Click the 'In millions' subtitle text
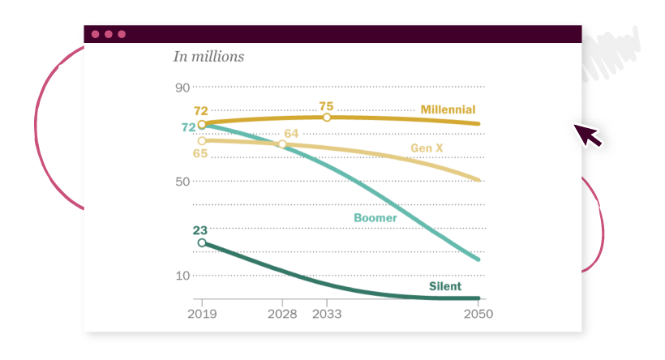coord(208,57)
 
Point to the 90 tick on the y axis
coord(182,88)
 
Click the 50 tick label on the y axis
coord(182,181)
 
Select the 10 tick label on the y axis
coord(182,276)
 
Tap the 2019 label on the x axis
coord(201,314)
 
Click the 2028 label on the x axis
coord(281,314)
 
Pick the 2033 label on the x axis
coord(326,314)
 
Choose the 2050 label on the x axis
coord(478,314)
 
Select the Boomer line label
coord(375,217)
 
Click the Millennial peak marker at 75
coord(327,118)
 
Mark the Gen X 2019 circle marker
coord(201,140)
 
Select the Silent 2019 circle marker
coord(201,242)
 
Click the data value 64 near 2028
coord(291,134)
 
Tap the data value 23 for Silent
coord(200,229)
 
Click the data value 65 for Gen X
coord(200,153)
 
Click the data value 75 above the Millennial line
coord(327,105)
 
